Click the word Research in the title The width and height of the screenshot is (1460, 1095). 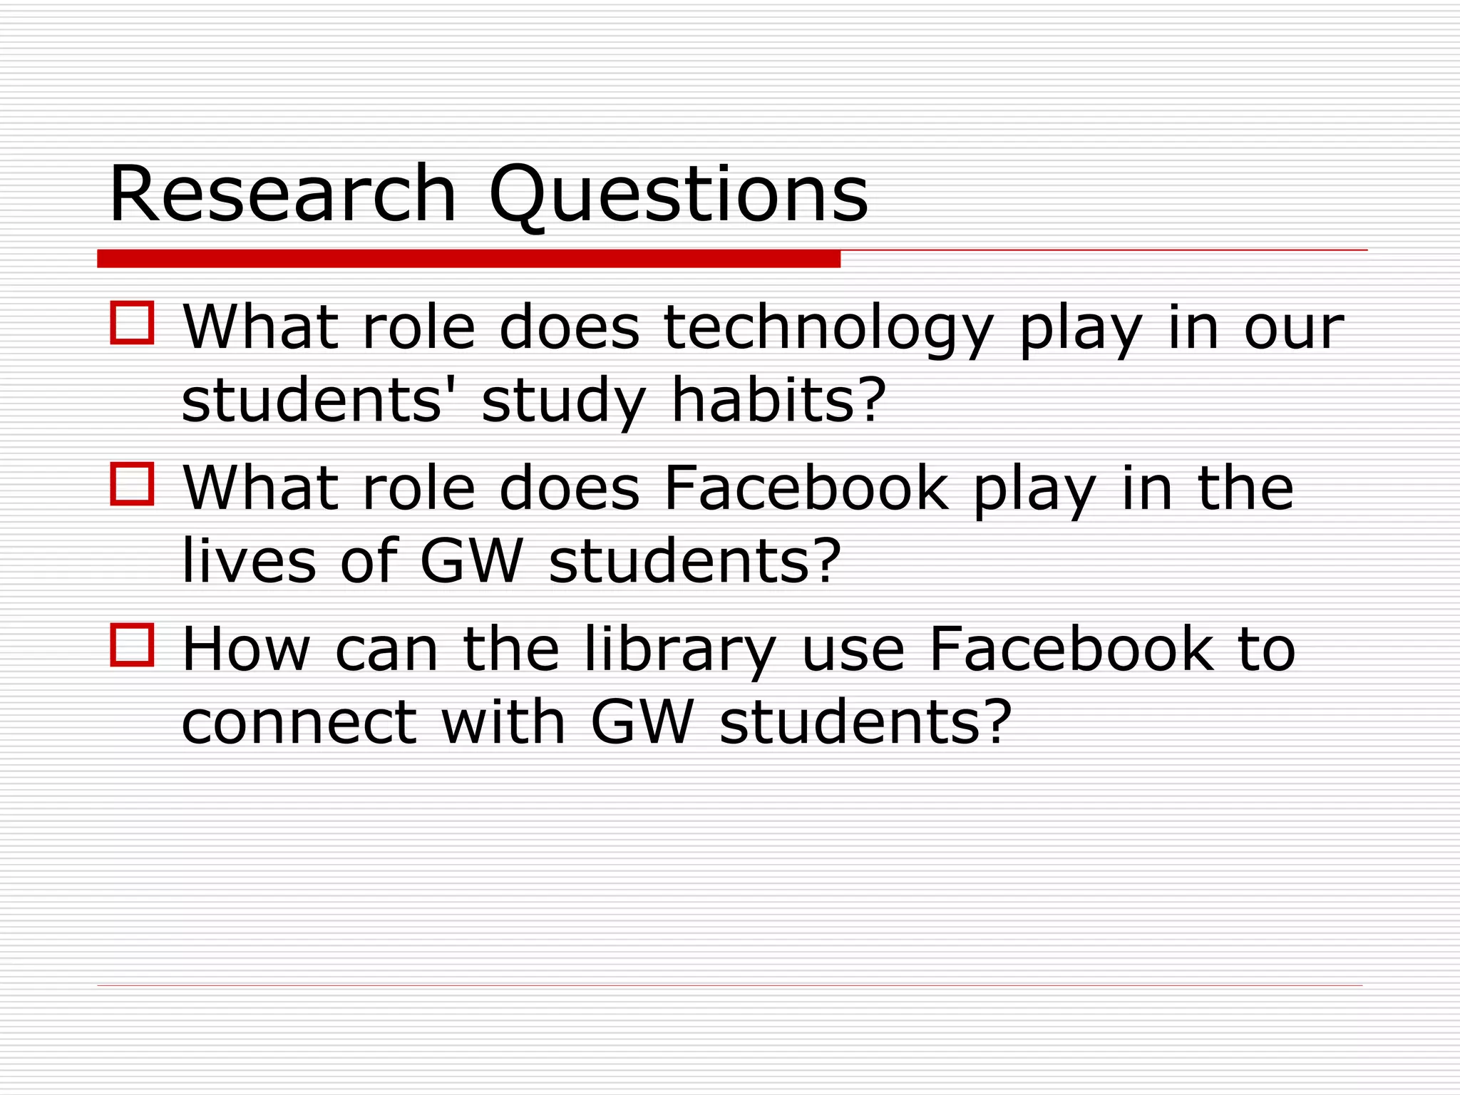pyautogui.click(x=282, y=194)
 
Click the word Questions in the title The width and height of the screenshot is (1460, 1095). pyautogui.click(x=678, y=194)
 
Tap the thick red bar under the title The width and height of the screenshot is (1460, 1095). pyautogui.click(x=468, y=258)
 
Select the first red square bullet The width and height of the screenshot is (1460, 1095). pyautogui.click(x=133, y=323)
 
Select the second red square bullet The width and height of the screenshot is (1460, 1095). pyautogui.click(x=133, y=484)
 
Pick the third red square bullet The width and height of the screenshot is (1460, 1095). pyautogui.click(x=133, y=645)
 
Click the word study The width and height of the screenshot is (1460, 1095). pyautogui.click(x=564, y=401)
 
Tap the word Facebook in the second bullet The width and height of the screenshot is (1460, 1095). pyautogui.click(x=806, y=488)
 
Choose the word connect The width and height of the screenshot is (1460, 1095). pyautogui.click(x=299, y=722)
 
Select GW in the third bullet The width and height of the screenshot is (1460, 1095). pyautogui.click(x=642, y=722)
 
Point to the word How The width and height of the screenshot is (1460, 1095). pyautogui.click(x=247, y=649)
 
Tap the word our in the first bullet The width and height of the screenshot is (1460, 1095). pyautogui.click(x=1293, y=329)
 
